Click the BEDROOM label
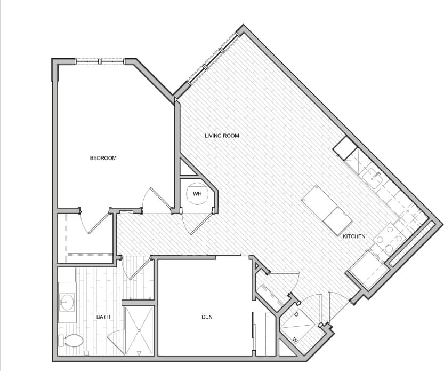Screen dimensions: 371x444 [103, 158]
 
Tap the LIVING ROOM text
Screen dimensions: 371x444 [222, 136]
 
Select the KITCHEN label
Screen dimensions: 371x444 [354, 236]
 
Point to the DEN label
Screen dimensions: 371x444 [207, 317]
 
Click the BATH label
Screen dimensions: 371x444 [103, 317]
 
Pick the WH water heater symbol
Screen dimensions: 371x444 [197, 194]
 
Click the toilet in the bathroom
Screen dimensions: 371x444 [72, 340]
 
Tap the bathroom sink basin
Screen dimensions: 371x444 [67, 302]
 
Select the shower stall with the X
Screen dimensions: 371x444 [139, 330]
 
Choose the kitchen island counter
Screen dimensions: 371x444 [327, 209]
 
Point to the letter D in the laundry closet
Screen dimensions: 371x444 [295, 314]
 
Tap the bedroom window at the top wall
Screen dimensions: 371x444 [100, 61]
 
